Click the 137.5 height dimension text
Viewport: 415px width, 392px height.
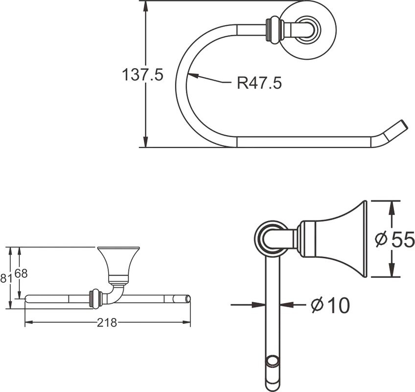pos(142,75)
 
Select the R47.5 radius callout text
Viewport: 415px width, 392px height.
pos(259,83)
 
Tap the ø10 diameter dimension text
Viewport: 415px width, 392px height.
pos(330,305)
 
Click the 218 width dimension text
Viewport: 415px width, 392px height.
pos(107,322)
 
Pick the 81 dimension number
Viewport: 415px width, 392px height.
pos(5,278)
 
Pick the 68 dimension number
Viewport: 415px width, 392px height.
pos(21,274)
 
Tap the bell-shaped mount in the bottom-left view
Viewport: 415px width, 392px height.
pos(118,262)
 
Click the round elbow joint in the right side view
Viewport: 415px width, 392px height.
pos(271,238)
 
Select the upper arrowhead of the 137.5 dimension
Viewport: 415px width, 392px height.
pos(145,6)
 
